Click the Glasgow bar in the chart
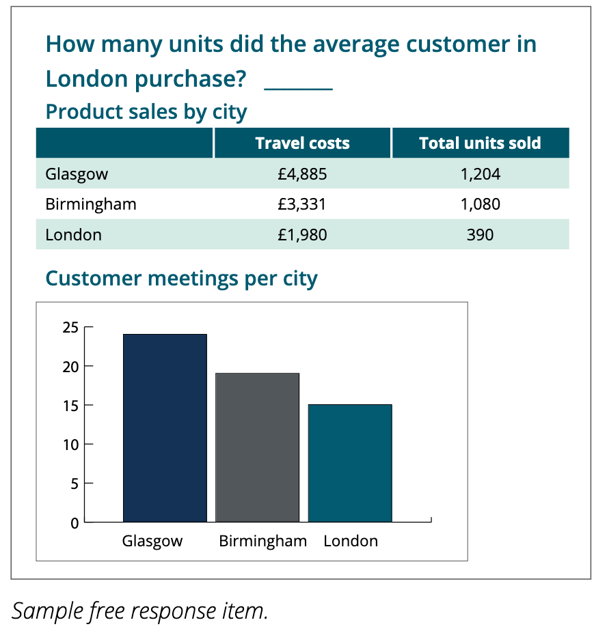[165, 427]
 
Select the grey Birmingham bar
[258, 447]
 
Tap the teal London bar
[350, 463]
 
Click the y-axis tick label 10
[70, 445]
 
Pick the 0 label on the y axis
[75, 523]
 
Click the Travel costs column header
[303, 143]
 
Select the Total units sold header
[480, 143]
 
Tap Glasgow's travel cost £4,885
[302, 174]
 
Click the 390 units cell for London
[480, 235]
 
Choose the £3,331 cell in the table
[301, 204]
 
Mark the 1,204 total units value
[480, 174]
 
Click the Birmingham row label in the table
[91, 204]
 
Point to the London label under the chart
[351, 541]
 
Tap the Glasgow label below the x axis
[152, 542]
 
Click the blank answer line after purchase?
[299, 89]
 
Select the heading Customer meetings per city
[181, 279]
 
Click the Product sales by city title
[146, 111]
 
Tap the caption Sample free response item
[139, 611]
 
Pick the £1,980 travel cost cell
[302, 235]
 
